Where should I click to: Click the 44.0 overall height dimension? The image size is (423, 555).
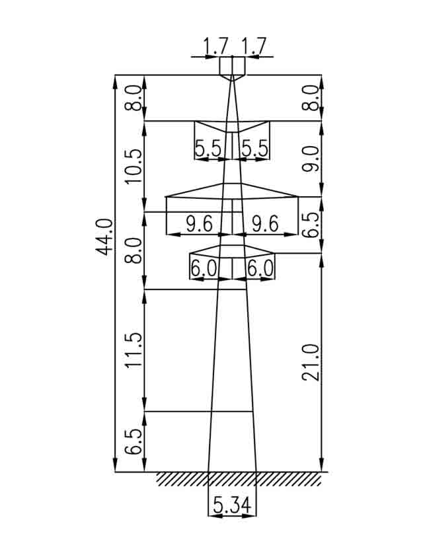tap(104, 237)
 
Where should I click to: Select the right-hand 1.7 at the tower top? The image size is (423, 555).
tap(252, 46)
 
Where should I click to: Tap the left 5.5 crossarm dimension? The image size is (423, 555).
tap(208, 149)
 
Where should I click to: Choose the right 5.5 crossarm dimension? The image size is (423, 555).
tap(254, 149)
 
